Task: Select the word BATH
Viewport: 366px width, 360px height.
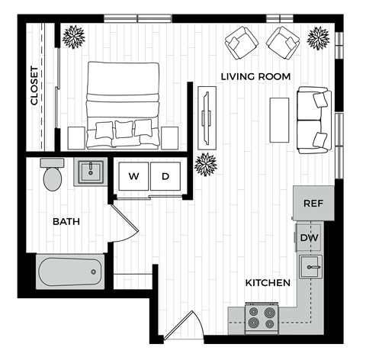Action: coord(66,222)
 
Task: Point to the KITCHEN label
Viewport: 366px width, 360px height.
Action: coord(267,283)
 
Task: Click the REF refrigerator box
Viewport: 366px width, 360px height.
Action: coord(313,203)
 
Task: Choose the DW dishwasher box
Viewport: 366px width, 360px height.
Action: coord(309,237)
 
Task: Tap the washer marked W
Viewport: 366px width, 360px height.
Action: coord(133,176)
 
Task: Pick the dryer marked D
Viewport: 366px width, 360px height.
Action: coord(165,176)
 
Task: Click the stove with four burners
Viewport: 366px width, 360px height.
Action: coord(262,317)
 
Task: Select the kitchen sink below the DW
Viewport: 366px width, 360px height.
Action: coord(310,267)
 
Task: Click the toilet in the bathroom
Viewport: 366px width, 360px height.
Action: coord(53,175)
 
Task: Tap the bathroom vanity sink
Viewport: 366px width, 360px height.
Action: coord(91,171)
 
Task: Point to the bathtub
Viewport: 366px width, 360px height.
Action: coord(69,272)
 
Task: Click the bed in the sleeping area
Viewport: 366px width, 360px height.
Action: coord(124,103)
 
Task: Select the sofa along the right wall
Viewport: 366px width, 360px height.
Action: coord(313,118)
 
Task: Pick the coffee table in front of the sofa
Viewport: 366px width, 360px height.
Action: coord(279,120)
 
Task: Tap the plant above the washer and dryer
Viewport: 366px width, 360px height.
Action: coord(206,163)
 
